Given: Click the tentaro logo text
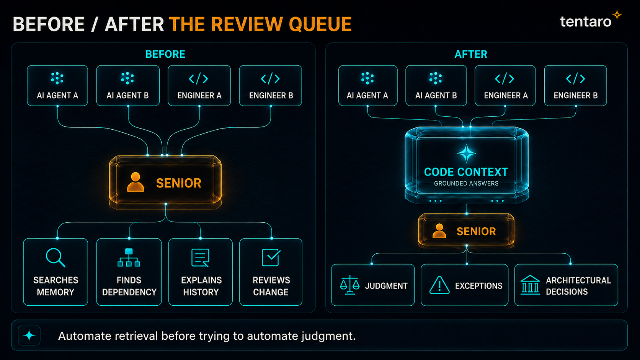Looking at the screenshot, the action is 585,22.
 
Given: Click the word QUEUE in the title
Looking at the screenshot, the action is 320,24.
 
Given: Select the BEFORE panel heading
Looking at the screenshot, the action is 165,54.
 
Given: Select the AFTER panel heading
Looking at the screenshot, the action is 471,54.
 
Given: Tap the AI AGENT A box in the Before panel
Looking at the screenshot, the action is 57,86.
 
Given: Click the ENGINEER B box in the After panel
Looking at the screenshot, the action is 575,86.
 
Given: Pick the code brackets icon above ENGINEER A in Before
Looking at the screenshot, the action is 199,78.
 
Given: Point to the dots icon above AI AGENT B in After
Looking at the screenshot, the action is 436,78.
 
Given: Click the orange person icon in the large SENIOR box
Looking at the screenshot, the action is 135,182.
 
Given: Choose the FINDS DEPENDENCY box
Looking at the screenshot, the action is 129,272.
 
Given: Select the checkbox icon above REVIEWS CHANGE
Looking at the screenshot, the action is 271,257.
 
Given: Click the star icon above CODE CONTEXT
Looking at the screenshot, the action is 466,153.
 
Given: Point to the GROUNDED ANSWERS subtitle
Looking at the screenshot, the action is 466,184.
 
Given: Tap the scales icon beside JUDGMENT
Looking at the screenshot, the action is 349,285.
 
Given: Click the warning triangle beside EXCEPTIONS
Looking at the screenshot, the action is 439,285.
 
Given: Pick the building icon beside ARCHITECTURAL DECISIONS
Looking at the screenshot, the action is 530,285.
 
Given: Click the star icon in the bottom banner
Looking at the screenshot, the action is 29,336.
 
